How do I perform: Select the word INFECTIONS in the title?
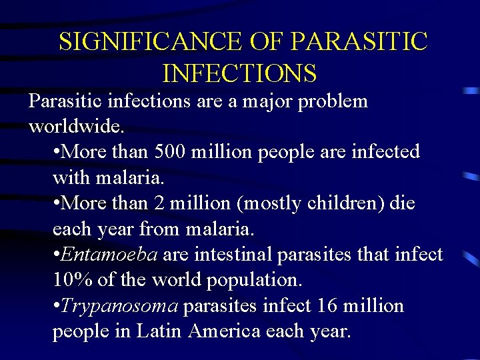[239, 73]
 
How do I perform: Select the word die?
[401, 203]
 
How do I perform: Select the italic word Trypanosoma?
[119, 306]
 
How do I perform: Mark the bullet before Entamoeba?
[56, 255]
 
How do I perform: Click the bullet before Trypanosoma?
[56, 306]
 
